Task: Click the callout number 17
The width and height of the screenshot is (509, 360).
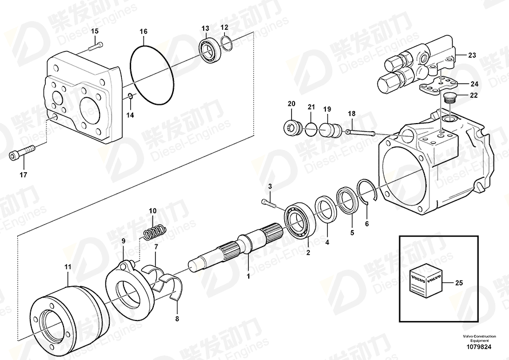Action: [23, 175]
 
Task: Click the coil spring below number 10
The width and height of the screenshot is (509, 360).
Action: [155, 232]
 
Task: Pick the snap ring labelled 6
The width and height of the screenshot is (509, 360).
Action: [367, 192]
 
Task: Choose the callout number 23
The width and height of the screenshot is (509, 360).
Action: [472, 56]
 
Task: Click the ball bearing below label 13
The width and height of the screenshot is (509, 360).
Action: [210, 50]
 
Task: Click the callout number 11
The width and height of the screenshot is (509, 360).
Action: [67, 267]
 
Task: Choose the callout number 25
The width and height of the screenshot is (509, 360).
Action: [459, 283]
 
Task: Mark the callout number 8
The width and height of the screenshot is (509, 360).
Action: [177, 319]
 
